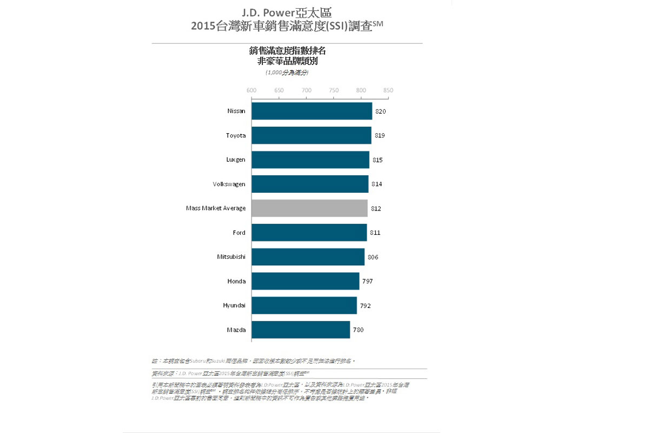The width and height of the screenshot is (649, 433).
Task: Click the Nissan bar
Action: click(312, 111)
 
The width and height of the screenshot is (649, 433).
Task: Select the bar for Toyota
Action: click(311, 135)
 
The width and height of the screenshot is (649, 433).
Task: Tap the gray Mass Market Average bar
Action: click(309, 208)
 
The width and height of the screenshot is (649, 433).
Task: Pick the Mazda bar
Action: click(301, 330)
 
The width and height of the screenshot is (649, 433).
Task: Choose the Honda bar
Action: click(305, 281)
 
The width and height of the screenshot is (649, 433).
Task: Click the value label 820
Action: click(381, 111)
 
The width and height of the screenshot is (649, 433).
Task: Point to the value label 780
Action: click(359, 330)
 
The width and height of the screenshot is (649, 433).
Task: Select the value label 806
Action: click(373, 257)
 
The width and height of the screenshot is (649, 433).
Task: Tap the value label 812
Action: click(376, 208)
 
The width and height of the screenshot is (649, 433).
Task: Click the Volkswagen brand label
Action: click(229, 184)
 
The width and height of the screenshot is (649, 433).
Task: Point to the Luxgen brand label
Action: click(235, 160)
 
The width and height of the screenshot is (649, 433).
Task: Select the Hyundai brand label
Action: click(234, 306)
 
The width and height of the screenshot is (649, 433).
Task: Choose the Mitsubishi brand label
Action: click(231, 257)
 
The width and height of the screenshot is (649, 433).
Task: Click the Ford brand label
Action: click(239, 233)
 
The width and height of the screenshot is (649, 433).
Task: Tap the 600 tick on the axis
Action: click(251, 90)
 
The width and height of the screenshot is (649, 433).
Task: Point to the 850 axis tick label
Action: click(388, 90)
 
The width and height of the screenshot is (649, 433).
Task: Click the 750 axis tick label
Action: click(334, 90)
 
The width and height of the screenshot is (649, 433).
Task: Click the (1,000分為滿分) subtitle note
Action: click(287, 72)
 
